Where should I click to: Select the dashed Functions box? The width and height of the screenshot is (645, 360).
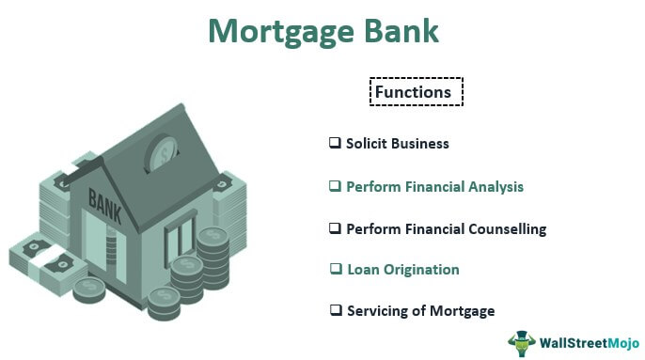pos(417,91)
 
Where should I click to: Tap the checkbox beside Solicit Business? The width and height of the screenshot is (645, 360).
pos(334,143)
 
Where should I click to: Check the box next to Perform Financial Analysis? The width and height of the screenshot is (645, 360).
pos(334,186)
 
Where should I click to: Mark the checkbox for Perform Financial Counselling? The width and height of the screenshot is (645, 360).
pos(334,228)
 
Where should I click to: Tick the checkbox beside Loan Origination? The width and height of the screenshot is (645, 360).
pos(334,270)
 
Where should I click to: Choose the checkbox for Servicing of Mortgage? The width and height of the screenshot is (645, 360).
pos(334,310)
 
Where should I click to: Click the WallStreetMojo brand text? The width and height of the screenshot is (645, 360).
pos(585,342)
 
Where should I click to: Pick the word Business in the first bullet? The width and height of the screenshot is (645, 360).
pos(420,144)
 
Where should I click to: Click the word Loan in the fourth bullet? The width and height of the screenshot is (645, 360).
pos(362,271)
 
